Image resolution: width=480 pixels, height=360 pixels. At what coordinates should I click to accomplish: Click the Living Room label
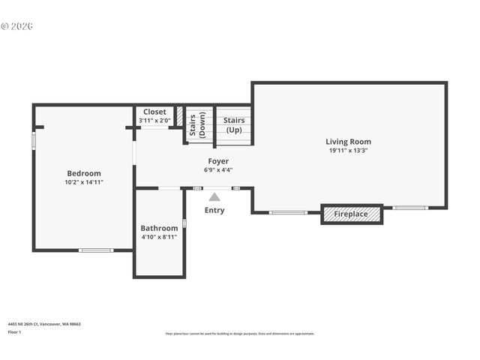pos(348,142)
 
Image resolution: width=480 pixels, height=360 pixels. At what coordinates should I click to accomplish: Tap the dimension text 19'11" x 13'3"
pos(348,150)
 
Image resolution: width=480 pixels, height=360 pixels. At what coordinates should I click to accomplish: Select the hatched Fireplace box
pos(351,214)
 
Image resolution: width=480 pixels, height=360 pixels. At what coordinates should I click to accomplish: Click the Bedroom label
pos(83,173)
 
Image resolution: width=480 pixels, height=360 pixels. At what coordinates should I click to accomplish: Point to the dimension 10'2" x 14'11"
pos(83,182)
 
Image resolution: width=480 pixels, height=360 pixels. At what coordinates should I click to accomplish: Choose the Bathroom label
pos(159,228)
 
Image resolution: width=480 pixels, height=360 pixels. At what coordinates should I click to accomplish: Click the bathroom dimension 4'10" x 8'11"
pos(159,237)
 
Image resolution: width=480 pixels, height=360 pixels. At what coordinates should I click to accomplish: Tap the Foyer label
pos(218,161)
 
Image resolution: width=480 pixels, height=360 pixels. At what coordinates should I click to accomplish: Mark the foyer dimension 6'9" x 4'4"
pos(218,169)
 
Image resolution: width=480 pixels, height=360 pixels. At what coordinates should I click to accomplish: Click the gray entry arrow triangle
pos(214,197)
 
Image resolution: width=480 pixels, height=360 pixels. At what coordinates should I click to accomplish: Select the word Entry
pos(214,210)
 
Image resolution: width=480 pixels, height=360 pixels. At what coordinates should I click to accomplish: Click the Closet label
pos(154,112)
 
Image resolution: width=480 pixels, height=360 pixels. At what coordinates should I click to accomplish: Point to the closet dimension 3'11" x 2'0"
pos(154,120)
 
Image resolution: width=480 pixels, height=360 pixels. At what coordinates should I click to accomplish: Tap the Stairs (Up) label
pos(234,124)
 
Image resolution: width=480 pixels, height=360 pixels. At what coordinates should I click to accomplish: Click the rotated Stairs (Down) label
pos(197,125)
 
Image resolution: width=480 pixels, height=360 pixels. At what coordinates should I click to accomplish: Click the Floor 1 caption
pos(14,331)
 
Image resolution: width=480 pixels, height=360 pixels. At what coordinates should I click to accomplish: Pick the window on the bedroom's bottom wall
pos(96,250)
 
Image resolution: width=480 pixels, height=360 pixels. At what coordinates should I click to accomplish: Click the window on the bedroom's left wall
pos(34,141)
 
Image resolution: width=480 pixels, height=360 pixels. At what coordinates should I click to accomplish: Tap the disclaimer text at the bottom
pos(240,334)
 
